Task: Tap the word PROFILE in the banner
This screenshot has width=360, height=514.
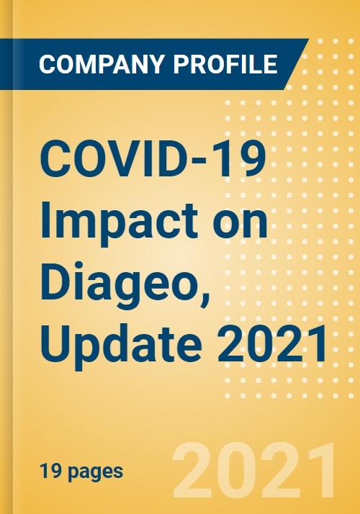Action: pos(225,64)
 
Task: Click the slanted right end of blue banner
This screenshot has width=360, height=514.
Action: pos(297,64)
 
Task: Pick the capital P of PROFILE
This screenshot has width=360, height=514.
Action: pos(181,64)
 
